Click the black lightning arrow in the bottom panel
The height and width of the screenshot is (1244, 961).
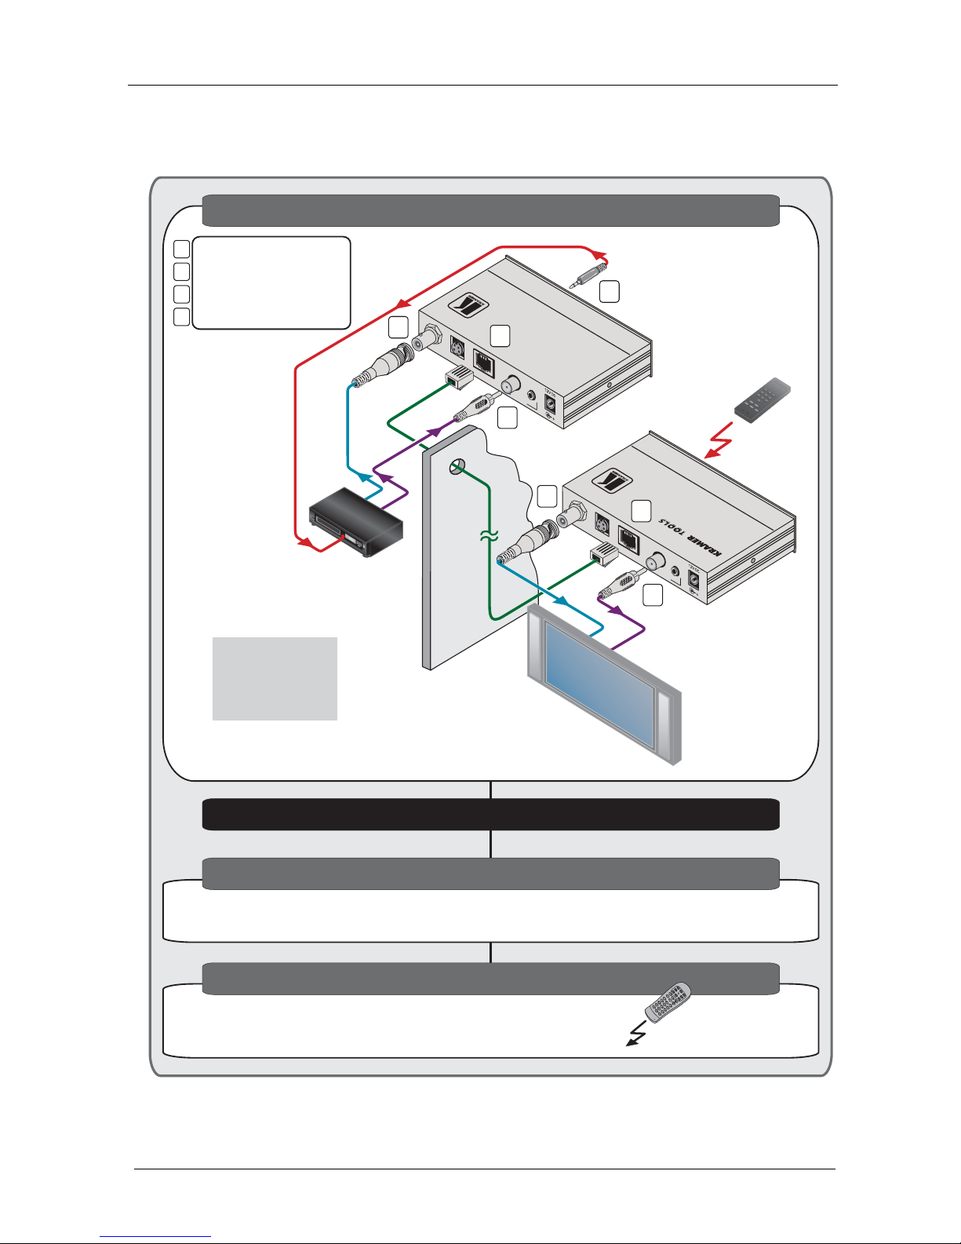636,1034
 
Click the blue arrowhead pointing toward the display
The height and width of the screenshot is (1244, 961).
562,601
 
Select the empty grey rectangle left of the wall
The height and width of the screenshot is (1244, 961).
275,678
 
